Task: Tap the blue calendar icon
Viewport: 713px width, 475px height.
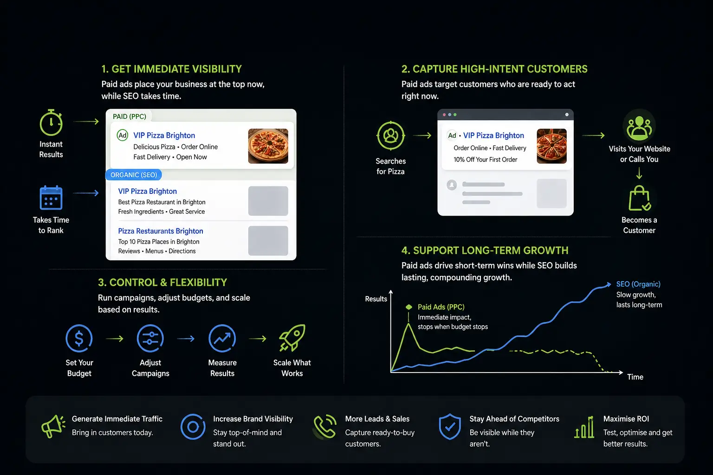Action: click(51, 198)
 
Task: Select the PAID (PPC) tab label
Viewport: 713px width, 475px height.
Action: click(129, 116)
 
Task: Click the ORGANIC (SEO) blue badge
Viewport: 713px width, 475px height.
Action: click(134, 175)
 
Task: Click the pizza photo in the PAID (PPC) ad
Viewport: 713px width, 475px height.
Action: click(268, 146)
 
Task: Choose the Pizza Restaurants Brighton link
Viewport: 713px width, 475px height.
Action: click(161, 231)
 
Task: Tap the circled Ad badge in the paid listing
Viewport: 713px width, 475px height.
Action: click(122, 135)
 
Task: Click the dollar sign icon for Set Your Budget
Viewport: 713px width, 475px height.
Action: click(79, 338)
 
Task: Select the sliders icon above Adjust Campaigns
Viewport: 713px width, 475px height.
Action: click(150, 338)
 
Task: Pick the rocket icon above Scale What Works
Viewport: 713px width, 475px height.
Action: click(292, 338)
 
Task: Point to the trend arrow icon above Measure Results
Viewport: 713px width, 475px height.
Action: click(222, 338)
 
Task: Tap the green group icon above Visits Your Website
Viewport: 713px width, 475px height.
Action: click(639, 126)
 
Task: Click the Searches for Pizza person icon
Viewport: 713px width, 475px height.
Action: click(390, 136)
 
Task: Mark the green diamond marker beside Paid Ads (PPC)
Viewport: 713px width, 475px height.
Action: click(408, 307)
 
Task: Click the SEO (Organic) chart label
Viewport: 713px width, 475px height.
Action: click(638, 284)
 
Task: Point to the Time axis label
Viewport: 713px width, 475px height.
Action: click(635, 377)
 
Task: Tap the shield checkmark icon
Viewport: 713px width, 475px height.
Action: click(450, 427)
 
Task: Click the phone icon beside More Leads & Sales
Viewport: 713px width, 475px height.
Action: click(324, 427)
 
